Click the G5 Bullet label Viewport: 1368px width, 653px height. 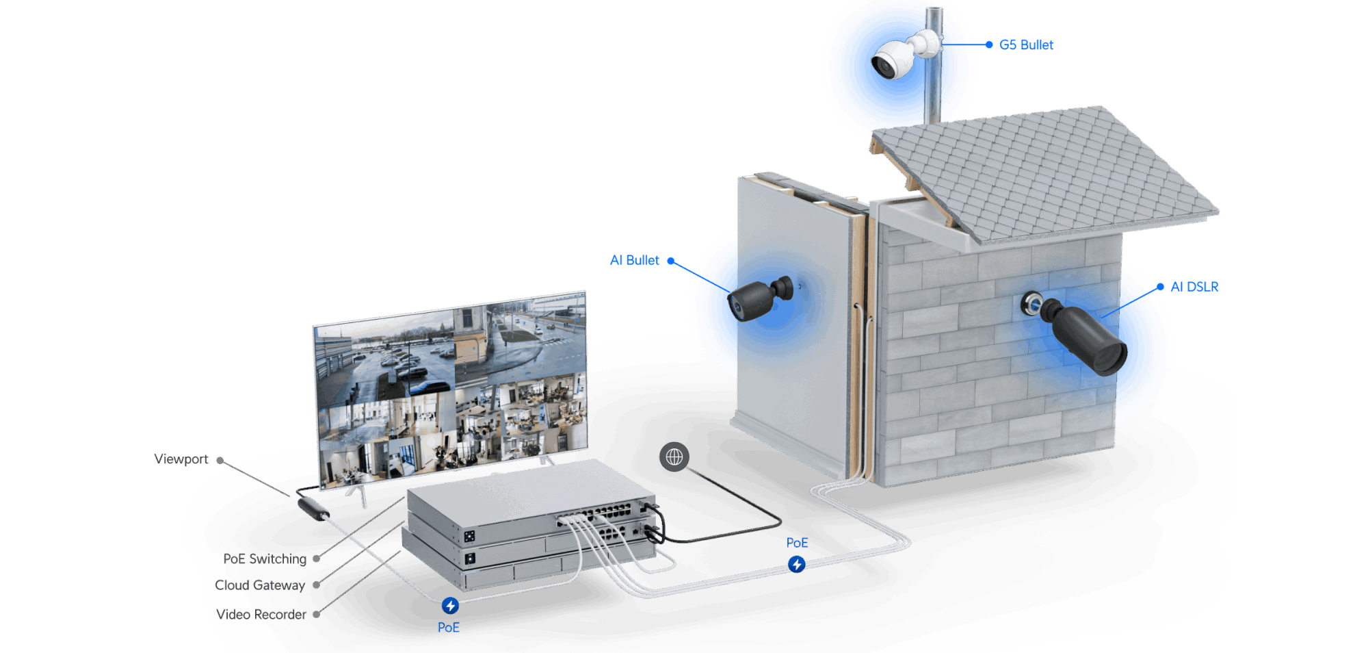1026,44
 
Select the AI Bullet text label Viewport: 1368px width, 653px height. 634,260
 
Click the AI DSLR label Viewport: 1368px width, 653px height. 1194,287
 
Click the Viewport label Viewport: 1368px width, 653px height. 181,459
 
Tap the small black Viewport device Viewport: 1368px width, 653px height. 313,509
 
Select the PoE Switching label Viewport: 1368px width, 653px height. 265,559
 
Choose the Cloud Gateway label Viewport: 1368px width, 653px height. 260,585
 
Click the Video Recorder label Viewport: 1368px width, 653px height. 261,615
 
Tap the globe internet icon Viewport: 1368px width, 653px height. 674,457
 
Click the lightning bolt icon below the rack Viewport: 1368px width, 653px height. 450,606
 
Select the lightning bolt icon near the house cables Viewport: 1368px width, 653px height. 796,564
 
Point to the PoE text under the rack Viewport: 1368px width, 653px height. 449,628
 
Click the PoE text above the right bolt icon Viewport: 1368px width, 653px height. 797,543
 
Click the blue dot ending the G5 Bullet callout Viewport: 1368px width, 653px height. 989,44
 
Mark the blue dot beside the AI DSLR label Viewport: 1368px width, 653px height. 1160,287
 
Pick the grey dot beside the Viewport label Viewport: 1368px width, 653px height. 220,461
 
